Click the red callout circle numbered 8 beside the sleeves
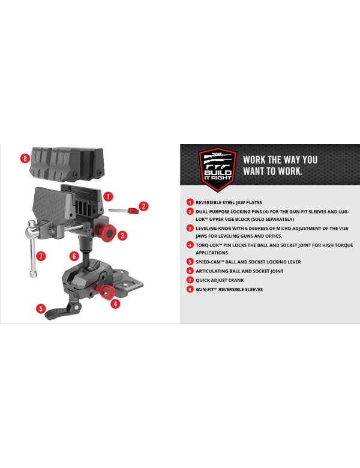click(25, 158)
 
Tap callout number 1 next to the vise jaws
click(108, 196)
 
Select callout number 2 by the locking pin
click(143, 206)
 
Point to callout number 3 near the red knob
click(122, 235)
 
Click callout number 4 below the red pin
click(115, 304)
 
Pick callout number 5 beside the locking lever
click(41, 308)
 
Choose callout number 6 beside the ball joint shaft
click(74, 256)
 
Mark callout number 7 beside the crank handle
click(41, 256)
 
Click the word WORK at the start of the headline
click(254, 160)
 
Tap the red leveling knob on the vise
click(107, 233)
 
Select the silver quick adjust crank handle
click(32, 248)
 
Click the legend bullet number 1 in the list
click(190, 202)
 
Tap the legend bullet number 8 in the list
click(190, 289)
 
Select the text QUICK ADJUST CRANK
click(220, 280)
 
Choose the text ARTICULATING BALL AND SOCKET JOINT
click(239, 271)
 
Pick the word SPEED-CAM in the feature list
click(208, 262)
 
